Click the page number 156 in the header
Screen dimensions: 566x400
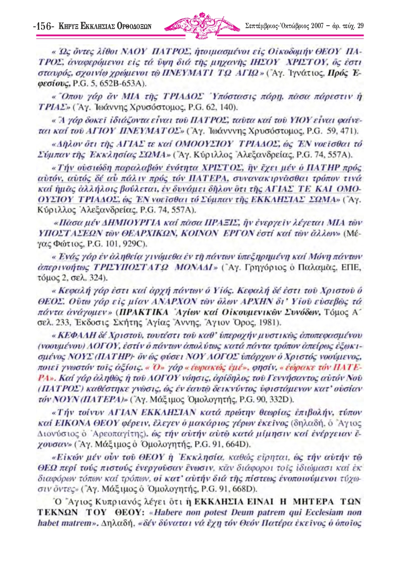tap(44, 27)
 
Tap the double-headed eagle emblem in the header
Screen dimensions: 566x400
tap(202, 25)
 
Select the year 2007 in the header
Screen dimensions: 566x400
tap(318, 26)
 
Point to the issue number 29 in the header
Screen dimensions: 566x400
tap(360, 26)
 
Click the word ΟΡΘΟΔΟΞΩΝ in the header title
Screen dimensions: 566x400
tap(134, 27)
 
